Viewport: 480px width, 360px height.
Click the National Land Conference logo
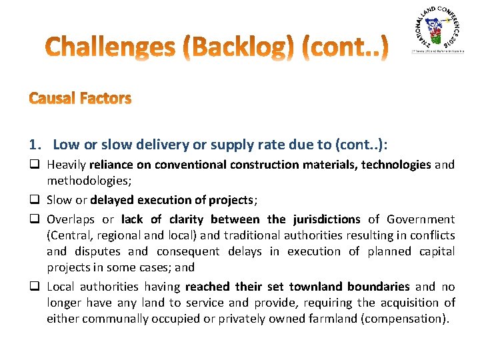437,31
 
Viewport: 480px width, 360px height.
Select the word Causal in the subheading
51,99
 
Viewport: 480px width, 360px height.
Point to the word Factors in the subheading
105,99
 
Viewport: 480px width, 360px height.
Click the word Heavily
66,165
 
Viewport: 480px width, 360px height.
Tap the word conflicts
433,235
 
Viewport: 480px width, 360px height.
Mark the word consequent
188,251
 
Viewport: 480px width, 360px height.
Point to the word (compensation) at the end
406,319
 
